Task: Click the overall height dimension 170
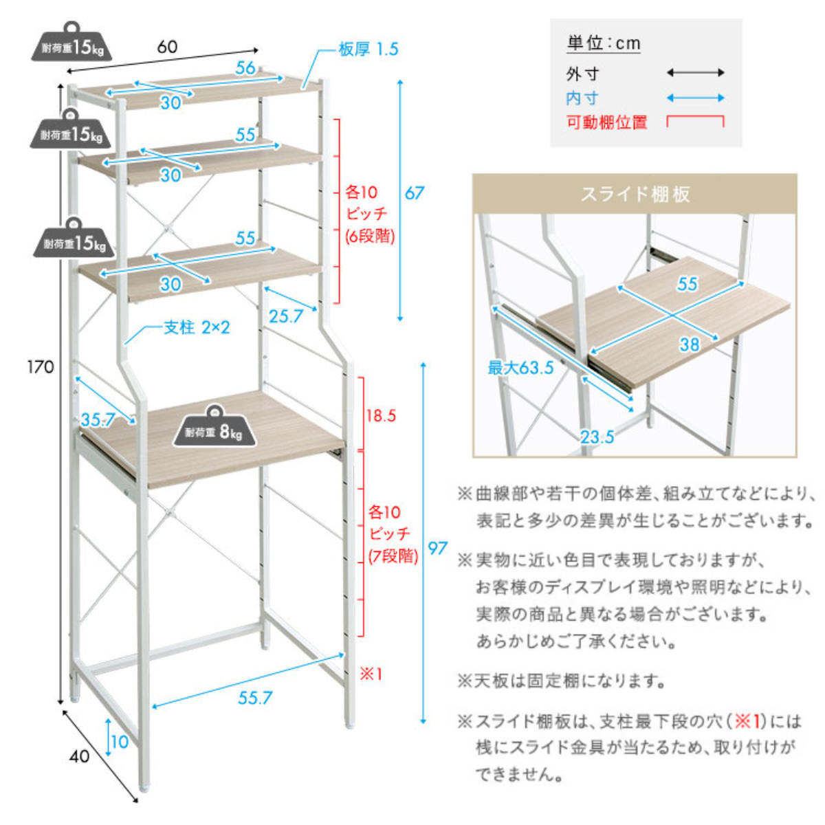coord(41,366)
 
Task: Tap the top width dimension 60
coord(167,47)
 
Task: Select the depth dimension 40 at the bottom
coord(80,756)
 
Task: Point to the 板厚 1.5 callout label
coord(368,49)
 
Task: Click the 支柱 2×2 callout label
coord(196,327)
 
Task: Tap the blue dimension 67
coord(414,193)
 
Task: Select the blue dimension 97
coord(437,548)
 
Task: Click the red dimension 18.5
coord(380,415)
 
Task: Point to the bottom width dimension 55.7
coord(255,698)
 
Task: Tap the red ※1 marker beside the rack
coord(371,674)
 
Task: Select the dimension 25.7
coord(286,316)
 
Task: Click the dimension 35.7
coord(98,419)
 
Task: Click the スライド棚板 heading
coord(635,194)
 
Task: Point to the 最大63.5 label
coord(520,368)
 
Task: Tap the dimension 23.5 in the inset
coord(597,437)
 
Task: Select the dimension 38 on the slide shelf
coord(690,344)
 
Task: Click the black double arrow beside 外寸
coord(696,73)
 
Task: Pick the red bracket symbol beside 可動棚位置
coord(696,122)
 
